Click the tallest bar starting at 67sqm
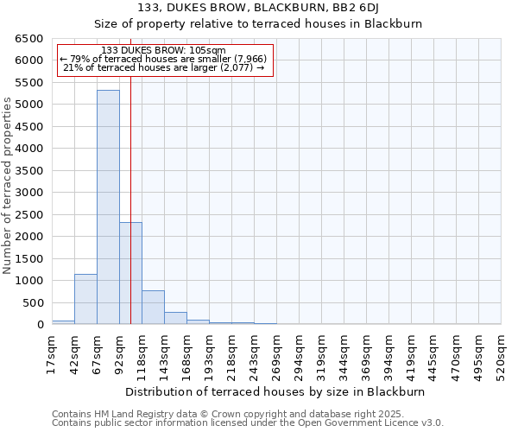[x=108, y=207]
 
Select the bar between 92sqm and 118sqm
[x=130, y=273]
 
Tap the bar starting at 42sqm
[x=85, y=299]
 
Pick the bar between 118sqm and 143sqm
[x=153, y=308]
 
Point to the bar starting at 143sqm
[x=175, y=318]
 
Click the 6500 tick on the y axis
[x=29, y=39]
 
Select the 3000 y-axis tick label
[x=29, y=193]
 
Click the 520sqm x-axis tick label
[x=502, y=355]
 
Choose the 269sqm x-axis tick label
[x=277, y=355]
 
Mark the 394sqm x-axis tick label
[x=389, y=355]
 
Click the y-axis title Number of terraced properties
[x=9, y=185]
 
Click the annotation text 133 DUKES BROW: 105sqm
[x=163, y=50]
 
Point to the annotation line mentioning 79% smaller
[x=164, y=59]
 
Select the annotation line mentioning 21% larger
[x=164, y=67]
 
